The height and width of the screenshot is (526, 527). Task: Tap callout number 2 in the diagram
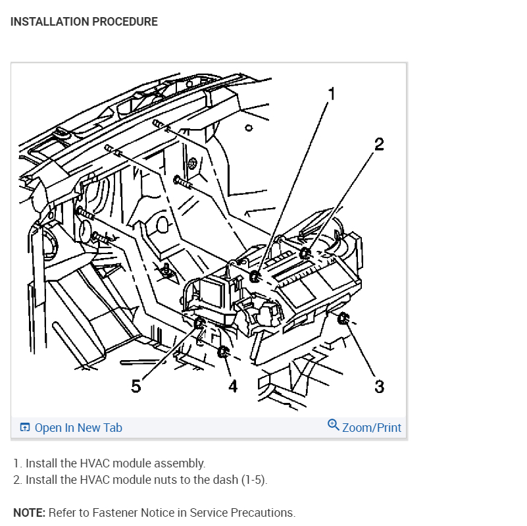pos(379,144)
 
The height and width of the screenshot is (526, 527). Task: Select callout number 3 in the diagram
pos(379,386)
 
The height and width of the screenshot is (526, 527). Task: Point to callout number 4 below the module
pos(232,386)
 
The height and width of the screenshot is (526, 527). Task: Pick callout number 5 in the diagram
pos(136,386)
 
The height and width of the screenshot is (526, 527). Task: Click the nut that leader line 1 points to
pos(255,276)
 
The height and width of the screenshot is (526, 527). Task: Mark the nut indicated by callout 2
pos(305,253)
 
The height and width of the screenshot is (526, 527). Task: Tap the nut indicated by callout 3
pos(342,320)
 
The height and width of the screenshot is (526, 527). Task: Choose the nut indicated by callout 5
pos(200,323)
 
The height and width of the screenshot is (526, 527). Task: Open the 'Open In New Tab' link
pos(78,428)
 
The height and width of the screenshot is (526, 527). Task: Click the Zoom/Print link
pos(372,428)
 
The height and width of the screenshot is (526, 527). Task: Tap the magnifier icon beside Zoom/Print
pos(334,425)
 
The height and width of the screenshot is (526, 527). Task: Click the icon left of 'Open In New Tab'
pos(25,428)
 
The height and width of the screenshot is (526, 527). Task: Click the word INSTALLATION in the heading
pos(49,22)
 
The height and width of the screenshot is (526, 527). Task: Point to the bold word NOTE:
pos(28,513)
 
